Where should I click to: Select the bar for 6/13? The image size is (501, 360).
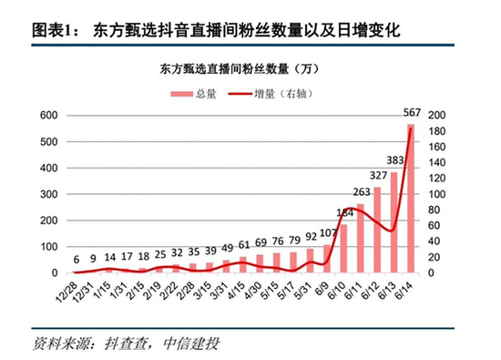(x=394, y=223)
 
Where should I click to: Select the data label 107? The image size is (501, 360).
(x=328, y=234)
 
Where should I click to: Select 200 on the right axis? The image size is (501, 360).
(x=436, y=115)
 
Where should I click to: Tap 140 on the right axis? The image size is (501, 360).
(x=436, y=162)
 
